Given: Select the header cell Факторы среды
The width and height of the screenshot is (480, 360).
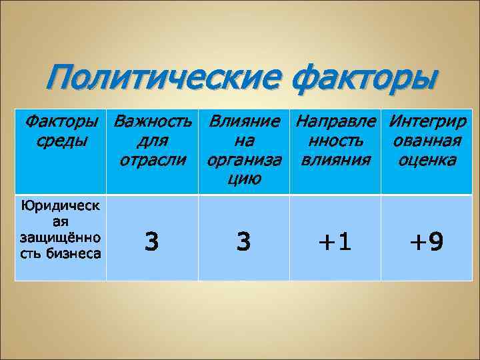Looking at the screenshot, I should [61, 131].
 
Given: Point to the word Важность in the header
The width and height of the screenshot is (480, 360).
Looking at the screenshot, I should [153, 122].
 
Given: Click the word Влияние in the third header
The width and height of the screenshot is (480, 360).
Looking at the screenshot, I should [243, 122].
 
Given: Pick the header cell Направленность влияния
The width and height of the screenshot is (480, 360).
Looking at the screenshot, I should [335, 141].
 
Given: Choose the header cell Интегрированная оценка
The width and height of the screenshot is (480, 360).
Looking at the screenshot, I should [427, 141].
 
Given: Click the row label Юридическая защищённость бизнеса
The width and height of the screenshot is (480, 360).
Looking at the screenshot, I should [61, 229].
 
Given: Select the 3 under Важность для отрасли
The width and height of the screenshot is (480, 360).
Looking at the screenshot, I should [152, 241].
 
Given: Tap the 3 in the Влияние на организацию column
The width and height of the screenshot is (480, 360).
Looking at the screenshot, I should [243, 241].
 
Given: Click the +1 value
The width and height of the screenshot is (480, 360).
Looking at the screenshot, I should [335, 241].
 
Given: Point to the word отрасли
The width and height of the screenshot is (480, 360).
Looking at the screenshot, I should [152, 161].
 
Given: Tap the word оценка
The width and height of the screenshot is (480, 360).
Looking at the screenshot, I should [427, 161].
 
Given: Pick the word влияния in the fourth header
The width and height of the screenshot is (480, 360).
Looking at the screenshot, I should [335, 161].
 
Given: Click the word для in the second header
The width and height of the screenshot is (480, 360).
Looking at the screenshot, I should [152, 141].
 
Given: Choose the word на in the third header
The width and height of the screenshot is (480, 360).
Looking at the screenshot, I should [243, 141].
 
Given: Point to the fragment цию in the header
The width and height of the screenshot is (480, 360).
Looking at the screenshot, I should [243, 179].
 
